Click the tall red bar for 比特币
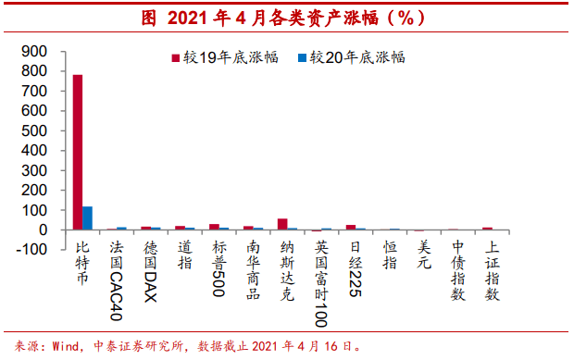[x=78, y=152]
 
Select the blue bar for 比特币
[x=88, y=218]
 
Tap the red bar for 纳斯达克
[x=282, y=224]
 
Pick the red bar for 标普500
[x=214, y=227]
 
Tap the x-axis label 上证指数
[x=492, y=269]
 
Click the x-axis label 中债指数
[x=457, y=269]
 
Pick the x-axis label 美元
[x=423, y=255]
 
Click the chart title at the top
[x=286, y=18]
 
